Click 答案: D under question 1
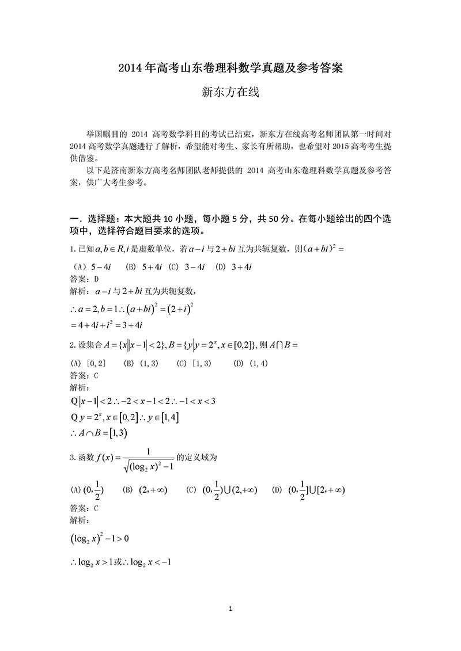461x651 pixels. click(84, 279)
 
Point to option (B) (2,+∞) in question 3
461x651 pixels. click(145, 490)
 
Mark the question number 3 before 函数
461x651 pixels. click(71, 458)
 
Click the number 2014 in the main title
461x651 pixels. click(129, 68)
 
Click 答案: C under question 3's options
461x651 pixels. click(84, 508)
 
